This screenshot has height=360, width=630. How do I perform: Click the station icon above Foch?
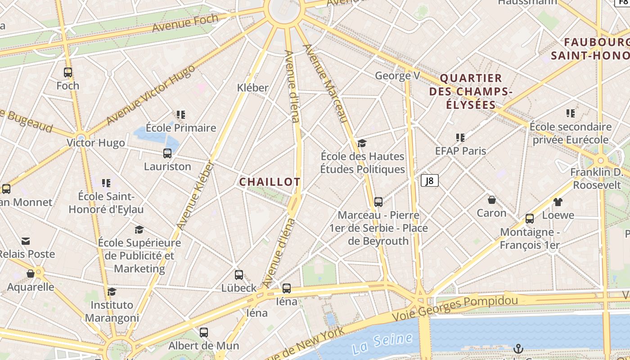pyautogui.click(x=68, y=72)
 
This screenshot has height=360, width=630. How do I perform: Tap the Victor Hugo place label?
pyautogui.click(x=95, y=143)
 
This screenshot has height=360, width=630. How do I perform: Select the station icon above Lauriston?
pyautogui.click(x=167, y=153)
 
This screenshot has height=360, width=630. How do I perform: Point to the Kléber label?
pyautogui.click(x=252, y=88)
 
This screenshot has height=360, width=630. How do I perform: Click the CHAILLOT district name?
pyautogui.click(x=270, y=182)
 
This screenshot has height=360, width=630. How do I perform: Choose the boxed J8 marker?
pyautogui.click(x=429, y=180)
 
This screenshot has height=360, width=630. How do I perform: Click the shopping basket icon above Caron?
pyautogui.click(x=492, y=199)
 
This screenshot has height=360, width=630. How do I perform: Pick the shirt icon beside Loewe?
pyautogui.click(x=558, y=202)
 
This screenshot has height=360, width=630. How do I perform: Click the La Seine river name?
pyautogui.click(x=382, y=343)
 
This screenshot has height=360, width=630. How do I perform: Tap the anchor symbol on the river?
pyautogui.click(x=518, y=348)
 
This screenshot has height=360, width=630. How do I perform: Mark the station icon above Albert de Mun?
pyautogui.click(x=204, y=333)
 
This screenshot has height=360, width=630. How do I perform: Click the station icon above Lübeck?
pyautogui.click(x=239, y=274)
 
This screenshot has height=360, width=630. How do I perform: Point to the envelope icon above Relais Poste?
pyautogui.click(x=26, y=241)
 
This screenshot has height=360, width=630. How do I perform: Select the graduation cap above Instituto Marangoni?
pyautogui.click(x=112, y=292)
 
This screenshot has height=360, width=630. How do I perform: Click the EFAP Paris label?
pyautogui.click(x=460, y=151)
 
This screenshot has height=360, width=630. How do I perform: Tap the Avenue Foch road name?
pyautogui.click(x=185, y=23)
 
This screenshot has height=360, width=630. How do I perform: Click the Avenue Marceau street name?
pyautogui.click(x=326, y=84)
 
